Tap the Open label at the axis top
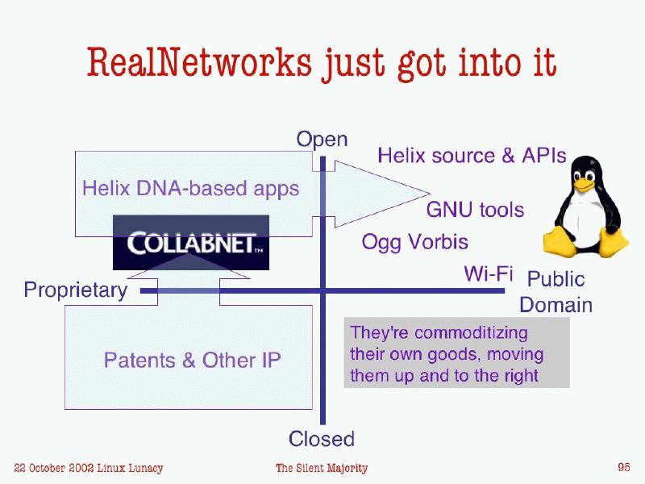(x=322, y=140)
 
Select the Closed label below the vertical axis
(x=322, y=439)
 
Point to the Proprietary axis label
(x=75, y=290)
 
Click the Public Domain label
(x=556, y=292)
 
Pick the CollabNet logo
(x=190, y=242)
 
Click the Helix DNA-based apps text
(x=190, y=189)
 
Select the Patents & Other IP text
(x=192, y=360)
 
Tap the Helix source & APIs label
(x=472, y=156)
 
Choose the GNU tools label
(x=475, y=211)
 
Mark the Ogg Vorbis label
(x=414, y=242)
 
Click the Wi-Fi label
(x=488, y=274)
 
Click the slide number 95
(x=623, y=467)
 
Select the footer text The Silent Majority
(x=321, y=468)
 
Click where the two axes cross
(x=322, y=290)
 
